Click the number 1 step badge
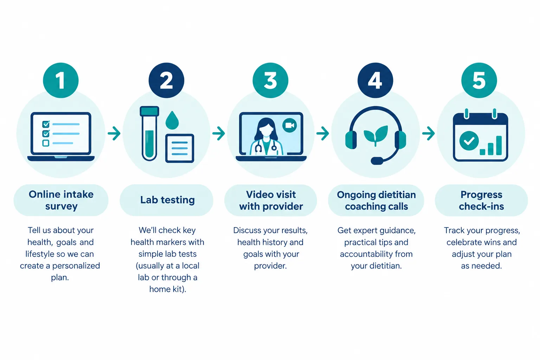61,80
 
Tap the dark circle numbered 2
166,80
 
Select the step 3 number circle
270,80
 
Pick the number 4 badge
375,80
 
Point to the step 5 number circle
479,80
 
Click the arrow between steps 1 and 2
114,133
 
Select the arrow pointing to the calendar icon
429,133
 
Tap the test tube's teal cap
149,111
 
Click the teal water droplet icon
172,120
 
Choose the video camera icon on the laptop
290,126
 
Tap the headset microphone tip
377,161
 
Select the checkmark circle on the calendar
469,141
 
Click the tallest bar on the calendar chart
499,146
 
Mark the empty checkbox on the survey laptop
46,143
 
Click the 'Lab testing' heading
168,200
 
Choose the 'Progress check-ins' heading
481,200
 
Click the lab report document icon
180,148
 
